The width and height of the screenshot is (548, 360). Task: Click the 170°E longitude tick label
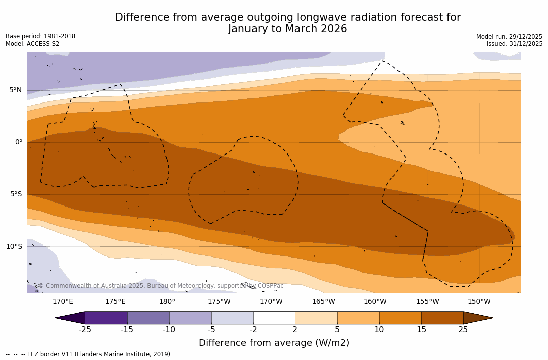(63, 302)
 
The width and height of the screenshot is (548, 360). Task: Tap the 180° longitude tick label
(167, 302)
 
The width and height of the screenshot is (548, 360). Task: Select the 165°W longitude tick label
(323, 302)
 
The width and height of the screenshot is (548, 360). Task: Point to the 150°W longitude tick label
(479, 302)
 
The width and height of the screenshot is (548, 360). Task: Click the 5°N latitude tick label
(15, 90)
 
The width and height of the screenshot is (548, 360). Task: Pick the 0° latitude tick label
(18, 142)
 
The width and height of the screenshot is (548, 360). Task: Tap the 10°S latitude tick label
(14, 247)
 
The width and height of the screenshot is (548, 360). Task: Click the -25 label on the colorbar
(85, 330)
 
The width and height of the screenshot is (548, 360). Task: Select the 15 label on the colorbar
(421, 330)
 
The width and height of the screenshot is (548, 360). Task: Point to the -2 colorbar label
(253, 330)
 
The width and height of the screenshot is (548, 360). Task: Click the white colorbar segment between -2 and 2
(274, 318)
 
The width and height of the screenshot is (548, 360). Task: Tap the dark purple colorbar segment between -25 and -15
(106, 318)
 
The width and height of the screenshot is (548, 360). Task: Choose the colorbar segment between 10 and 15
(400, 318)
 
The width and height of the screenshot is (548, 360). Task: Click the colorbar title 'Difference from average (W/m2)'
(274, 343)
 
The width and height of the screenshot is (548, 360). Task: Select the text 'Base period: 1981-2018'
(40, 36)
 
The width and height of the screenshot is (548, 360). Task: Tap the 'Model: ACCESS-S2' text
(32, 44)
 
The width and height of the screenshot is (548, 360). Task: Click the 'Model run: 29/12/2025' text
(509, 37)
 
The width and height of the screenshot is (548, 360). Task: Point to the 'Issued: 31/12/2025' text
(515, 44)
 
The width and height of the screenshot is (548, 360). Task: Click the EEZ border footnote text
(89, 354)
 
